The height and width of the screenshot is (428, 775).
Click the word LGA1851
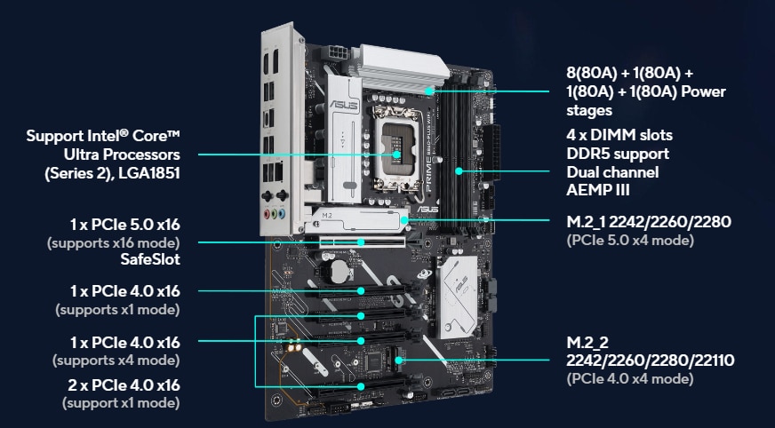click(x=148, y=174)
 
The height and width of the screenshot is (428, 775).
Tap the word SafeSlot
click(x=150, y=259)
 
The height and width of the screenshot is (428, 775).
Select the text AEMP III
click(x=598, y=190)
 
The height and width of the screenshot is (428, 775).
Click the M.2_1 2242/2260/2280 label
click(x=649, y=222)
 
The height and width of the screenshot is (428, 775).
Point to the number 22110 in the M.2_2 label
click(x=715, y=361)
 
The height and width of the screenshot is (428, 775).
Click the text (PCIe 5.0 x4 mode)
click(x=630, y=241)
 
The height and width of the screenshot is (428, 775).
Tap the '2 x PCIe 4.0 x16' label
click(x=124, y=385)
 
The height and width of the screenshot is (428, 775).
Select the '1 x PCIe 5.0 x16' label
click(x=125, y=225)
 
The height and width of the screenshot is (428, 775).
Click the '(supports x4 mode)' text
click(x=116, y=361)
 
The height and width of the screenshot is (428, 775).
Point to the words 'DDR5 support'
click(x=618, y=154)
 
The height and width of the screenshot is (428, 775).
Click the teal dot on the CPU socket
click(x=396, y=155)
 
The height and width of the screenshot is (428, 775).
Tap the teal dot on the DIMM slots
click(x=459, y=171)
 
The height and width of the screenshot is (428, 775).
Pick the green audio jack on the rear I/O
click(x=268, y=214)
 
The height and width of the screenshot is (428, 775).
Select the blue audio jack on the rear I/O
click(x=282, y=214)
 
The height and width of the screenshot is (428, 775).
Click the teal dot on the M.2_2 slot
click(x=398, y=361)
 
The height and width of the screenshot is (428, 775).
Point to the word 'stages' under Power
click(x=589, y=110)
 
